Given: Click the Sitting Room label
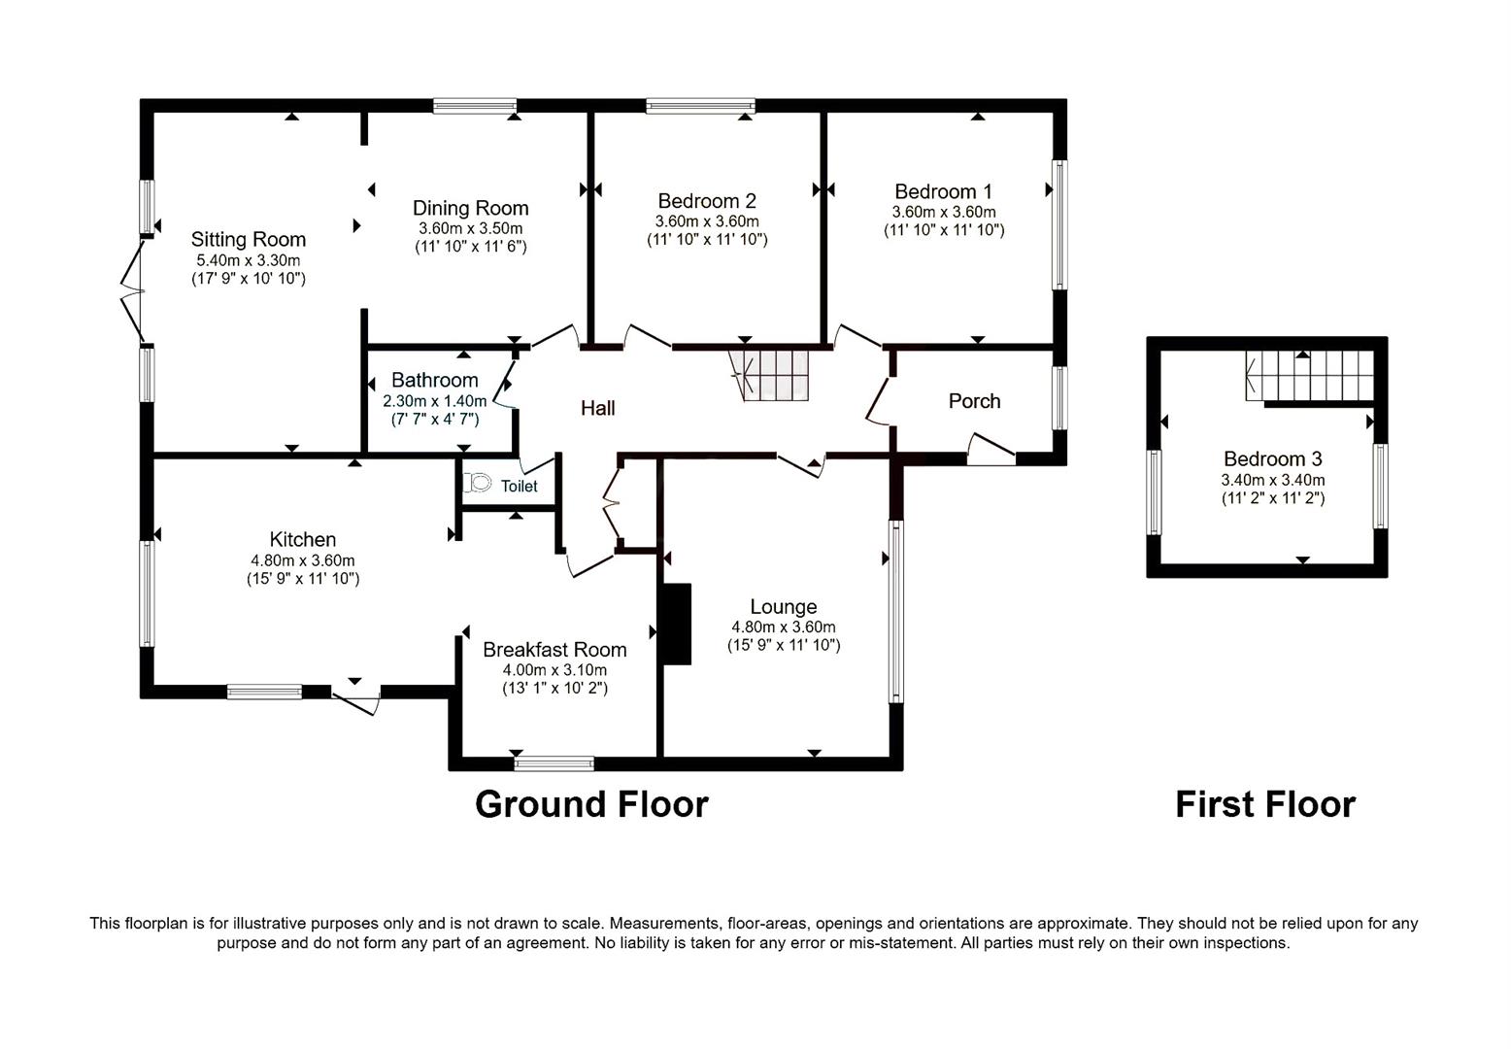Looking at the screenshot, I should [x=248, y=239].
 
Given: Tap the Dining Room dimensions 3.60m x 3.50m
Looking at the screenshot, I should [x=470, y=228].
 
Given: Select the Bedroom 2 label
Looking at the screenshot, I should [x=706, y=201].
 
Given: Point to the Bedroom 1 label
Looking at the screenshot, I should [x=943, y=191].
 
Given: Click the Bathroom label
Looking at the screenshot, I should [x=434, y=380].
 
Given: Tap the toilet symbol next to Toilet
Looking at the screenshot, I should [x=477, y=483].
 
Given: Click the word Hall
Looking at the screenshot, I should [x=597, y=408].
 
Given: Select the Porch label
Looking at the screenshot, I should [x=974, y=401].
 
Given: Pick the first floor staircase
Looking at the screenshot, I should [x=1311, y=375].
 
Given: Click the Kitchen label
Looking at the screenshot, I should [x=302, y=539].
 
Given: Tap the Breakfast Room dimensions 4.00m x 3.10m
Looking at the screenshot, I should [x=554, y=670].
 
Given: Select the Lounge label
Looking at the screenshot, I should [x=783, y=607].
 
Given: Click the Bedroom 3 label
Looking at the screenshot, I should [x=1272, y=458].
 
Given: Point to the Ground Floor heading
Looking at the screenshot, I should [x=591, y=804].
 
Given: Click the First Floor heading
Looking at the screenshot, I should [x=1264, y=804].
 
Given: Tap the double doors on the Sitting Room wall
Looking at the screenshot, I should [x=132, y=289].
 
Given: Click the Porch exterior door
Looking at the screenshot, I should [x=991, y=450].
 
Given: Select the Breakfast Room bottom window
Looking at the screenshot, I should [x=554, y=763].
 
